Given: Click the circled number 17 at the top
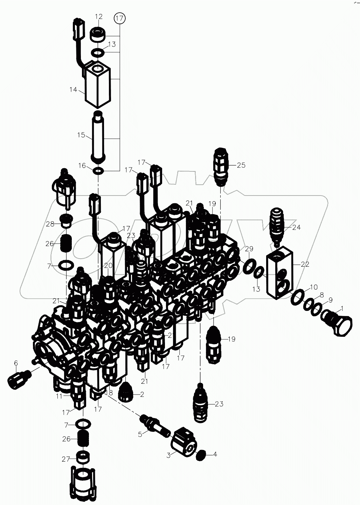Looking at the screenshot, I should (x=119, y=18).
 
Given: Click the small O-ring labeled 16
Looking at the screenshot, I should (x=99, y=171).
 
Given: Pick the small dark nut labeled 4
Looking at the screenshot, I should (x=201, y=455).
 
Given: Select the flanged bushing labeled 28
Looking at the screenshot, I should (x=66, y=221).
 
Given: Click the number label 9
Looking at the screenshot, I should (x=330, y=300).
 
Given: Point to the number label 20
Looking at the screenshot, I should (x=108, y=265).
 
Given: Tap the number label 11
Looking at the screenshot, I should (x=59, y=396).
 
